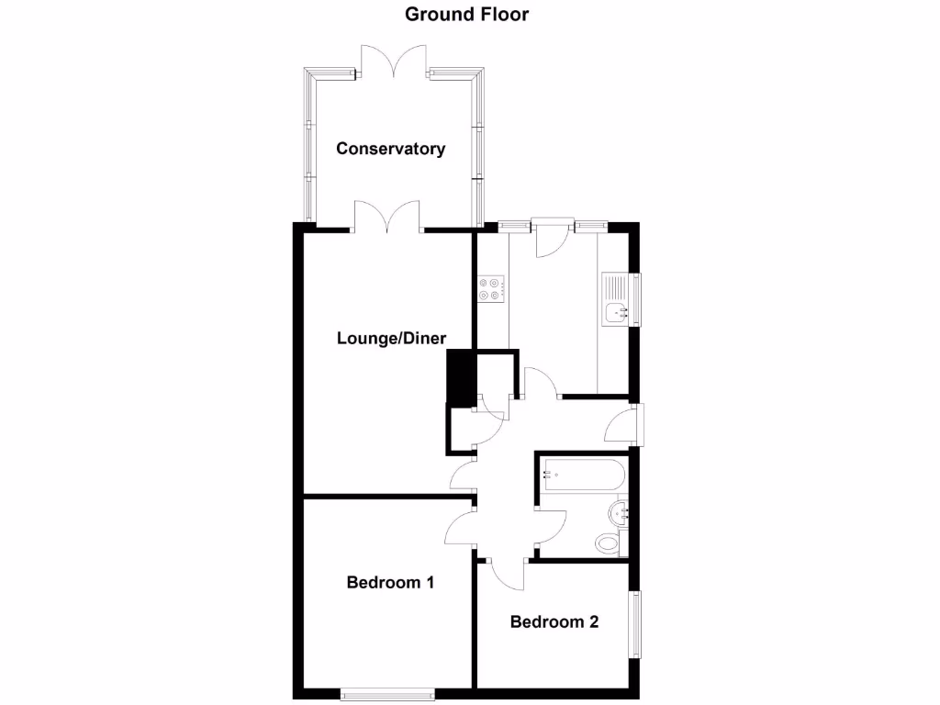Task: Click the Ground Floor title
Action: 467,14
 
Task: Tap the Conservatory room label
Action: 390,149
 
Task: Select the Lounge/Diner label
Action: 392,338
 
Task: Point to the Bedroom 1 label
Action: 390,582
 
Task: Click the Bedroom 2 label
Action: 554,621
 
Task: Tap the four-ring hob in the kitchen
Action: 490,289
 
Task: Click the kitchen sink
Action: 615,312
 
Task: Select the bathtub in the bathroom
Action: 582,476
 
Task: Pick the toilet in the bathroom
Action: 609,543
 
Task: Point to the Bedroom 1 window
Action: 386,695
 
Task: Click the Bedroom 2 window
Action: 634,624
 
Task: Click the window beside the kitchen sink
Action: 634,298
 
